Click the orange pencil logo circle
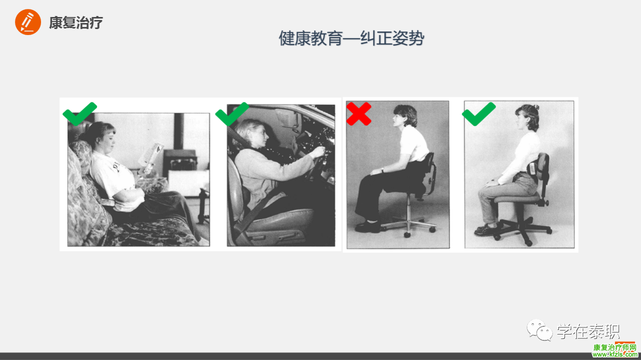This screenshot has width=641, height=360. [x=28, y=22]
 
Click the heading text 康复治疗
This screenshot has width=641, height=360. [x=76, y=23]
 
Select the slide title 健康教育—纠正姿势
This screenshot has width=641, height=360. [x=352, y=39]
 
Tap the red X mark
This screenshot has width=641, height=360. [x=359, y=114]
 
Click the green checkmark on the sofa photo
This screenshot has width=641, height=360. [x=80, y=114]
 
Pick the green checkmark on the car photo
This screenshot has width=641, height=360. [x=232, y=114]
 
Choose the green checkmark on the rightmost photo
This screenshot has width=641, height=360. [x=479, y=114]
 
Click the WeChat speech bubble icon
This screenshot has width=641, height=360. [x=540, y=330]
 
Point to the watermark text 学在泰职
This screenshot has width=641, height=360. [x=588, y=331]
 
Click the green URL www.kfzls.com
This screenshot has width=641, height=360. [x=615, y=354]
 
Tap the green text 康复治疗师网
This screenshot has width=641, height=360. [x=614, y=347]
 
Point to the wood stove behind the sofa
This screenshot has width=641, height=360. [x=180, y=160]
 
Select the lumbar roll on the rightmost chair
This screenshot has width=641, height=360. [x=532, y=169]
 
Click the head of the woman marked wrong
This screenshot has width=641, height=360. [x=404, y=116]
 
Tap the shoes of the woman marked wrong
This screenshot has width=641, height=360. [x=368, y=226]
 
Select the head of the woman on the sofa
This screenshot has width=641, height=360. [x=101, y=137]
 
